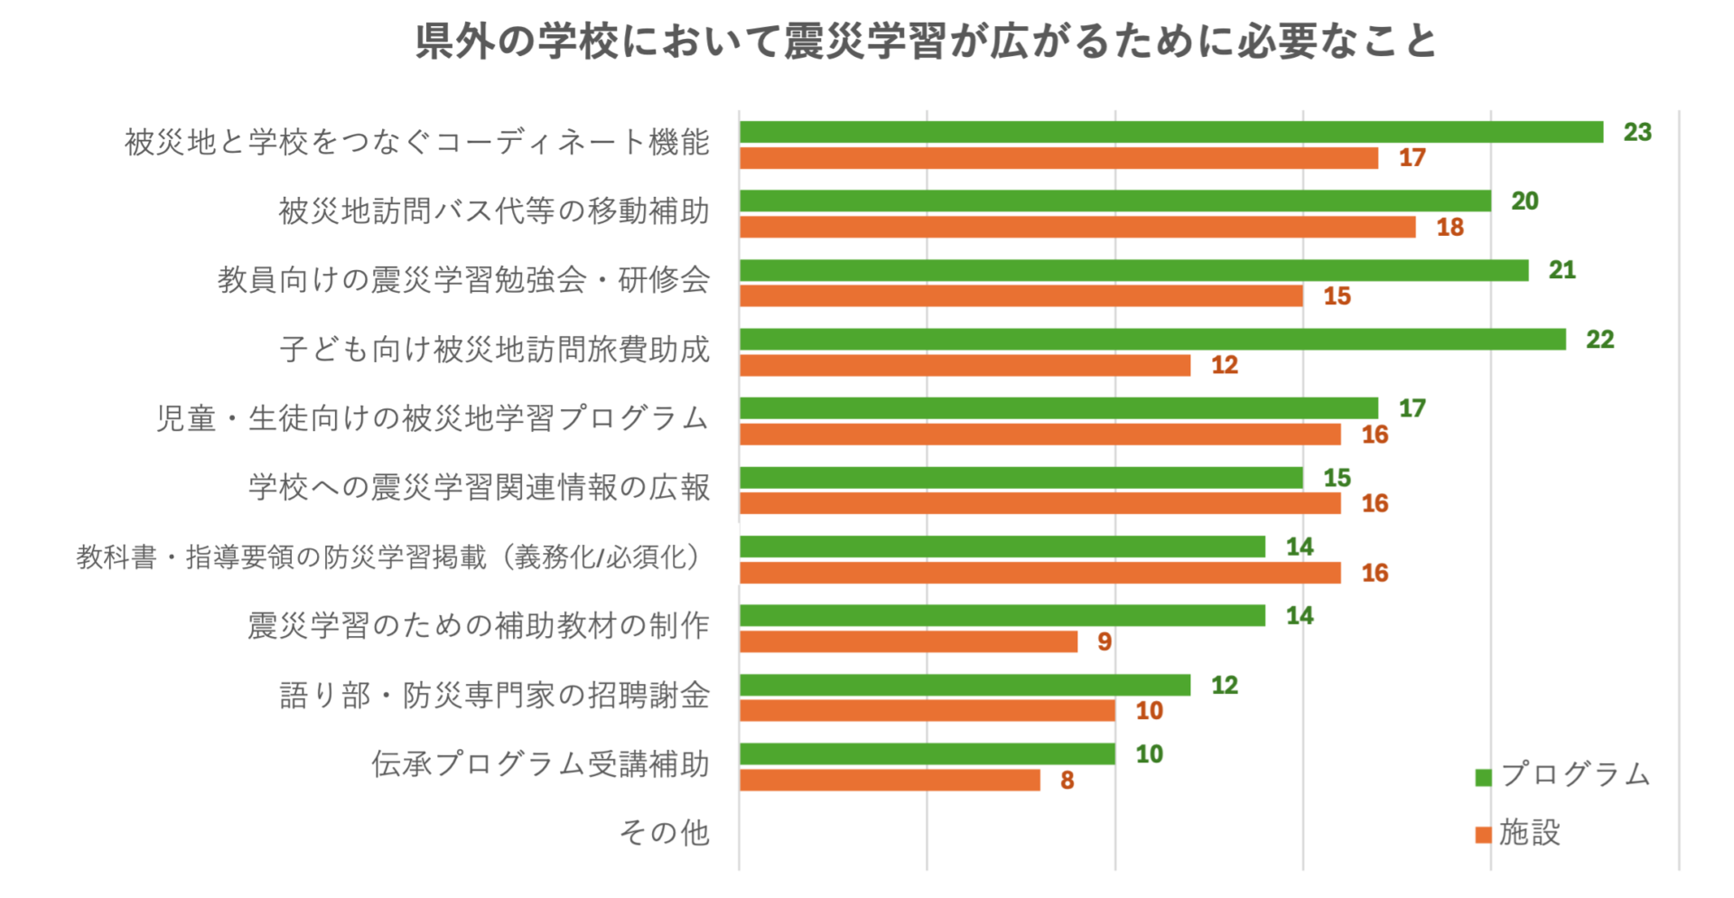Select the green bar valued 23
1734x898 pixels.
pos(1170,132)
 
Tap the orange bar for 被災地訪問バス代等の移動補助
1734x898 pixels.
pos(1077,227)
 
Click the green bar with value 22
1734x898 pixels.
pos(1152,340)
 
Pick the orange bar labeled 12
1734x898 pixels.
pos(965,365)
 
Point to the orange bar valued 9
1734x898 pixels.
pos(908,641)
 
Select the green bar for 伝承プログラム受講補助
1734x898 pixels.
pos(927,753)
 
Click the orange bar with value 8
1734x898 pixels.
pos(890,780)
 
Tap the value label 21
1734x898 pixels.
pos(1562,270)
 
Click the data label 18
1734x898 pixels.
pos(1450,228)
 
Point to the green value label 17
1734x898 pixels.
pos(1412,408)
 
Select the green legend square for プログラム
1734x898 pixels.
pos(1483,777)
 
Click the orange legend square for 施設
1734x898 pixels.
pos(1483,835)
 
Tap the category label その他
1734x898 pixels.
pos(664,832)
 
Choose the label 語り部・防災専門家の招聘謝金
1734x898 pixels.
pos(494,695)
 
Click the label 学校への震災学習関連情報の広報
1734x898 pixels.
pos(479,487)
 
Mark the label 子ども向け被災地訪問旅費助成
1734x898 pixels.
pos(494,349)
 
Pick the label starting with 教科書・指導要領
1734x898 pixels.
pos(389,557)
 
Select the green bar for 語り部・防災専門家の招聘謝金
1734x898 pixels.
pos(965,685)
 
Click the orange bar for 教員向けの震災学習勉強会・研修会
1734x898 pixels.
pos(1021,296)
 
